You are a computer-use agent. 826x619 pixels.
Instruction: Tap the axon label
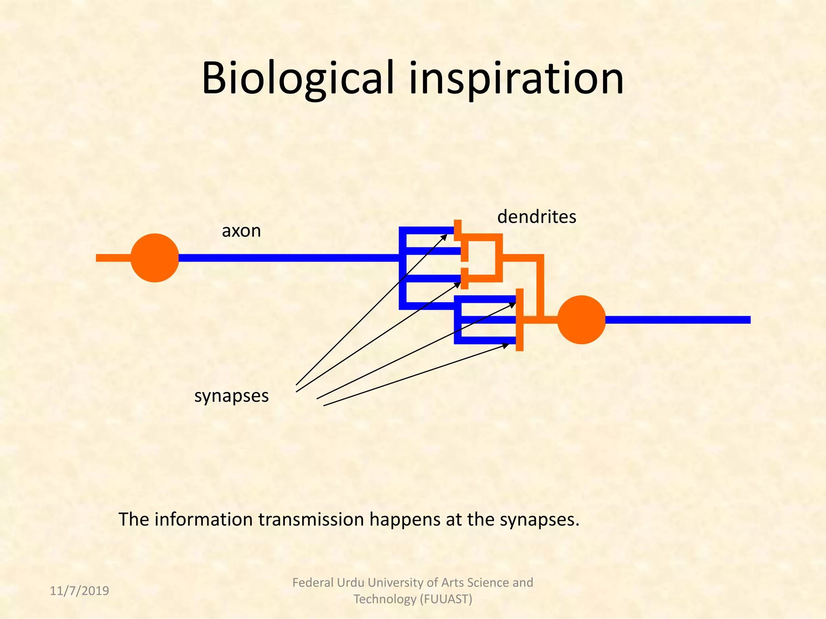tap(241, 231)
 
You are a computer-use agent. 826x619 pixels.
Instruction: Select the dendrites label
tap(536, 217)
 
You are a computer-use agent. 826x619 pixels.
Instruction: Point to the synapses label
tap(232, 396)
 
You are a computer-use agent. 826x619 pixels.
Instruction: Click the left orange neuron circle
tap(155, 258)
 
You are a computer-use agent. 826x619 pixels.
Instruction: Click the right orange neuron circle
tap(581, 320)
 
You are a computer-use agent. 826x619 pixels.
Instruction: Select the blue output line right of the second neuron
tap(678, 320)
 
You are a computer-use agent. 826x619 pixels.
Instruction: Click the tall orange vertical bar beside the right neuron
tap(519, 320)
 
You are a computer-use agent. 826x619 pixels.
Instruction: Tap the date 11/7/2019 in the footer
tap(79, 591)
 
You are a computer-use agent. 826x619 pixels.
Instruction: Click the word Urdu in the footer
tap(351, 582)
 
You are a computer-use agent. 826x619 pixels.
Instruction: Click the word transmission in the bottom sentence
tap(311, 519)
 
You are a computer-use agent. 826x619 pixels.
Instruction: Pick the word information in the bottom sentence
tap(204, 519)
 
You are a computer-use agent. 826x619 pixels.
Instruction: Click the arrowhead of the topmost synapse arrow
tap(444, 236)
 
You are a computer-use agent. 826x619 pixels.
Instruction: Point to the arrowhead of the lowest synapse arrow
tap(506, 345)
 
